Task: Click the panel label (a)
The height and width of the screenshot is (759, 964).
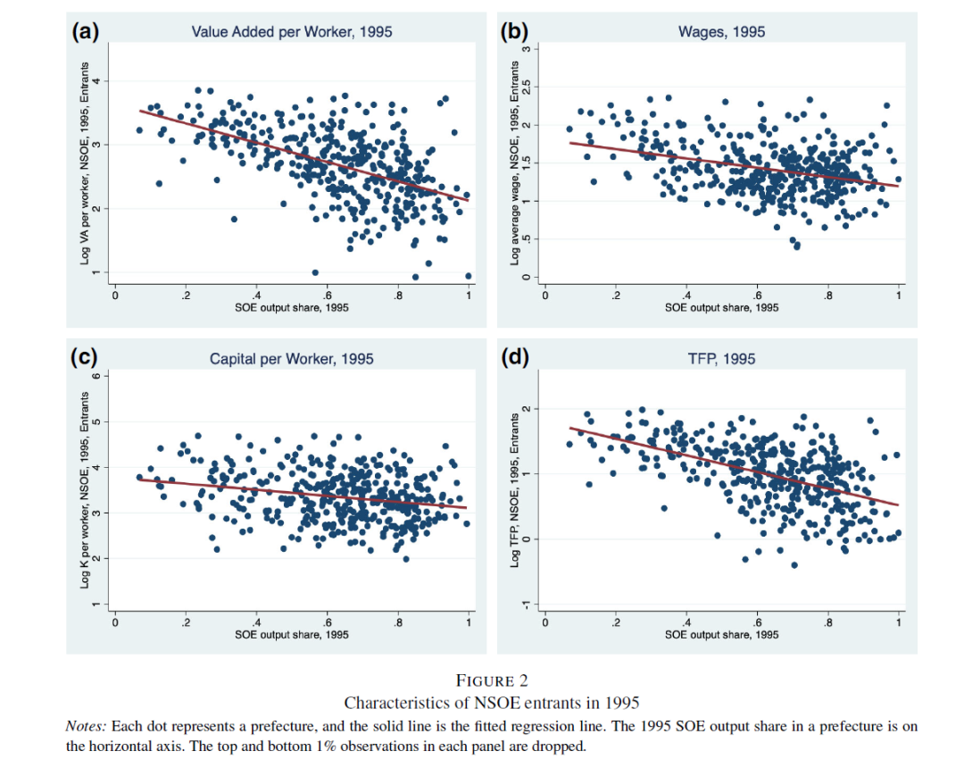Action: (85, 31)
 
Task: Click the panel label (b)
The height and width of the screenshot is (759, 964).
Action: (515, 31)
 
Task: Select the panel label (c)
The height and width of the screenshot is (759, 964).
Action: (85, 358)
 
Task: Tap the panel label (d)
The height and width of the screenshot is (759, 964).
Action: (515, 358)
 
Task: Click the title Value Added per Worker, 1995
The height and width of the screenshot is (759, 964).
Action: (292, 32)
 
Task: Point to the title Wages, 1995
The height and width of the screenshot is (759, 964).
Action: (721, 32)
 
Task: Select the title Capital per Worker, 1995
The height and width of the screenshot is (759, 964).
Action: (292, 359)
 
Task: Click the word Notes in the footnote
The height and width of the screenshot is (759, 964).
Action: (84, 727)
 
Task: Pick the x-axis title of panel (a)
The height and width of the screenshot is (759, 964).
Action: (292, 307)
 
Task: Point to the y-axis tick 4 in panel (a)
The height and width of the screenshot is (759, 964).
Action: (101, 81)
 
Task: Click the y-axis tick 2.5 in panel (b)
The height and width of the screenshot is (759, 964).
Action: (527, 87)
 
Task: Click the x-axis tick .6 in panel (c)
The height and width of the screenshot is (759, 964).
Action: (328, 622)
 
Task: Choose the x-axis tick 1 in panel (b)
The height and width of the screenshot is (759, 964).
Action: (899, 296)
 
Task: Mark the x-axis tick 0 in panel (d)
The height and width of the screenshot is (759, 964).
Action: (544, 622)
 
